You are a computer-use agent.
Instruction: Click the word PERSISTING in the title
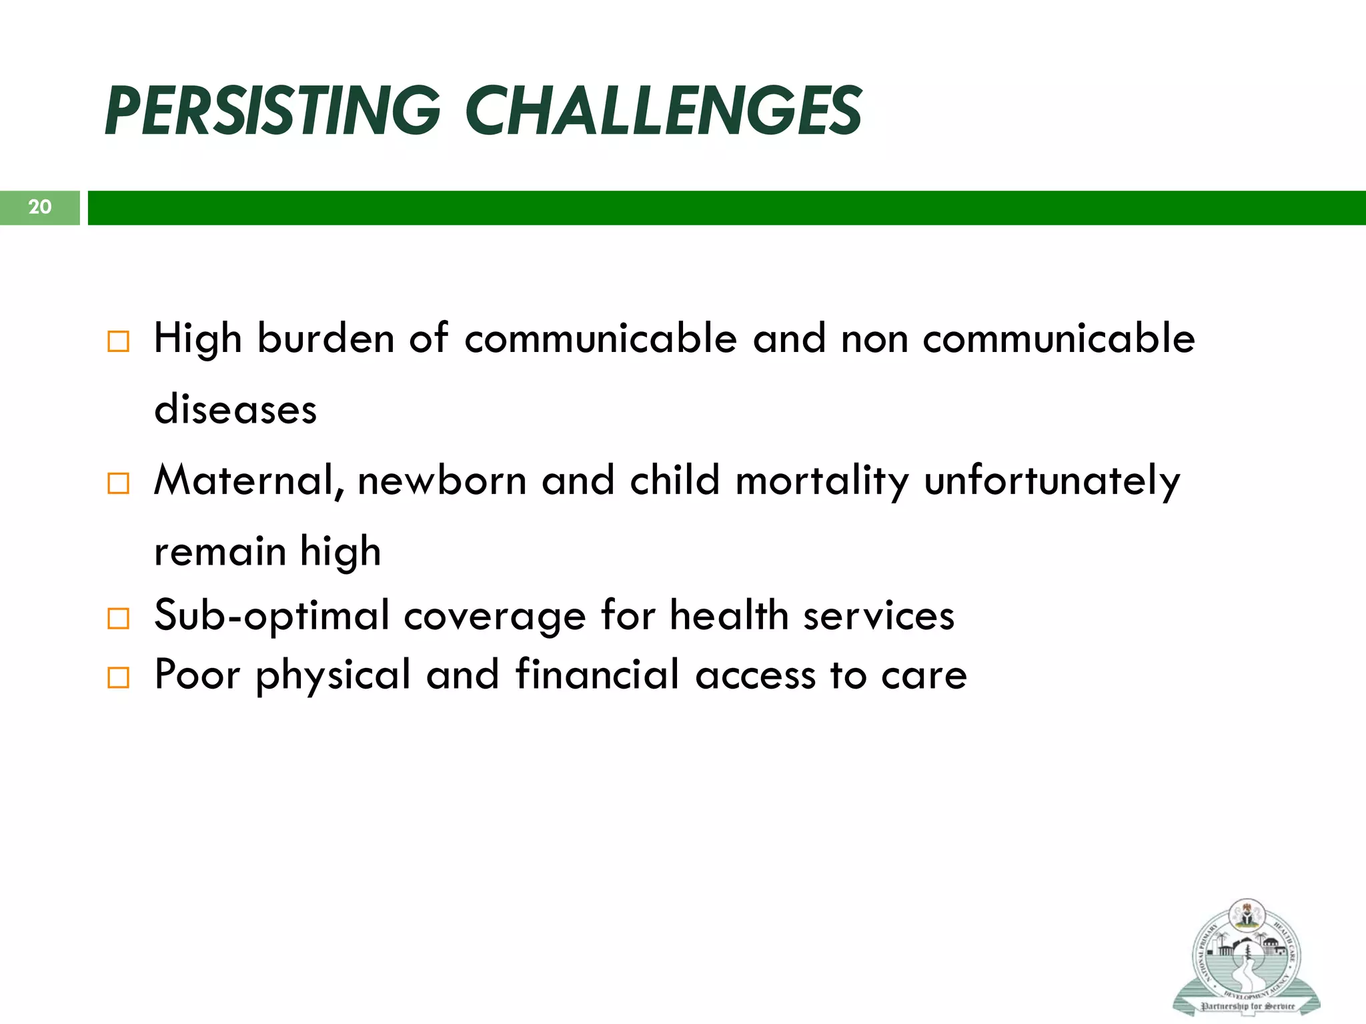272,111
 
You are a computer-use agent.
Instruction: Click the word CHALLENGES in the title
664,111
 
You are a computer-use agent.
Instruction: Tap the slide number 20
39,207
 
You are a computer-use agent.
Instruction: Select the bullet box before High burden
118,342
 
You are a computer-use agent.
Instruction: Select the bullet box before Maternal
118,483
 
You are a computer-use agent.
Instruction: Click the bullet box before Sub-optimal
118,619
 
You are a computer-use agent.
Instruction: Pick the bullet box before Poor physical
118,678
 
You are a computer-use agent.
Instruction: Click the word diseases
235,409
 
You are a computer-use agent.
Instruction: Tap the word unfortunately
1052,481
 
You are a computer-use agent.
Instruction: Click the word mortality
822,481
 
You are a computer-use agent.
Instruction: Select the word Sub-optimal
271,616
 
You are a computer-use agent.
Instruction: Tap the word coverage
494,616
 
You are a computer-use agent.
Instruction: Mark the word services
878,616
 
